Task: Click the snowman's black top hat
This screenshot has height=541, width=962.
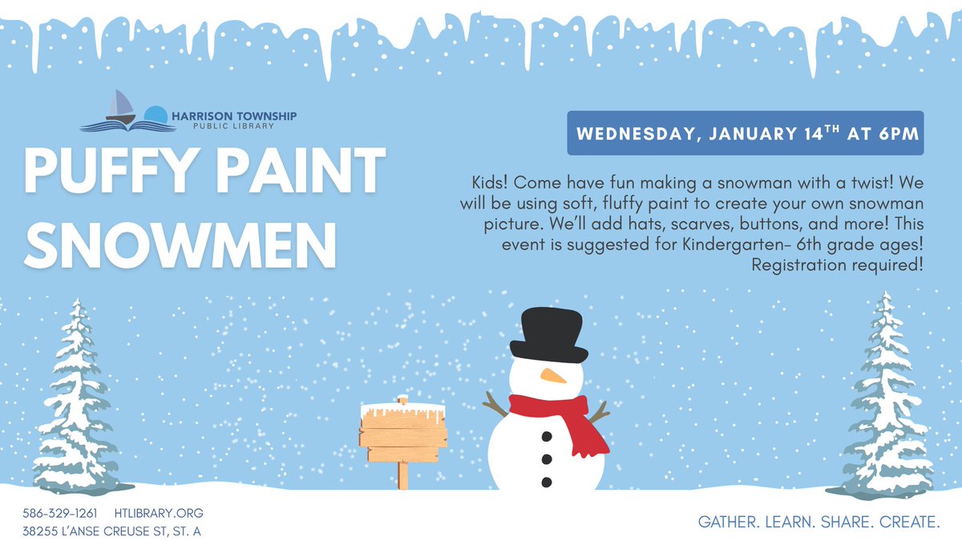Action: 548,334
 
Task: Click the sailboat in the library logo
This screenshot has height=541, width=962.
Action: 121,107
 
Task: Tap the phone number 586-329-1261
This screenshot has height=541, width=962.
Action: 60,513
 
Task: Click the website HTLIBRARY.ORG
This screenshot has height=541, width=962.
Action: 159,513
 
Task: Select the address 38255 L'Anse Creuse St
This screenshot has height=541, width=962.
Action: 112,531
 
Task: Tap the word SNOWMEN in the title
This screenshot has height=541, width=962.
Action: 180,242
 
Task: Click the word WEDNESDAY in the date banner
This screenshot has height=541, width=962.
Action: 634,134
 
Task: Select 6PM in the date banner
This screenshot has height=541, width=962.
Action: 896,134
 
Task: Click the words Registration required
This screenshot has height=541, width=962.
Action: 837,264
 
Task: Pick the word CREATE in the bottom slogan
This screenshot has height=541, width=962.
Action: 909,522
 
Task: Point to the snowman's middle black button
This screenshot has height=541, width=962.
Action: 547,459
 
